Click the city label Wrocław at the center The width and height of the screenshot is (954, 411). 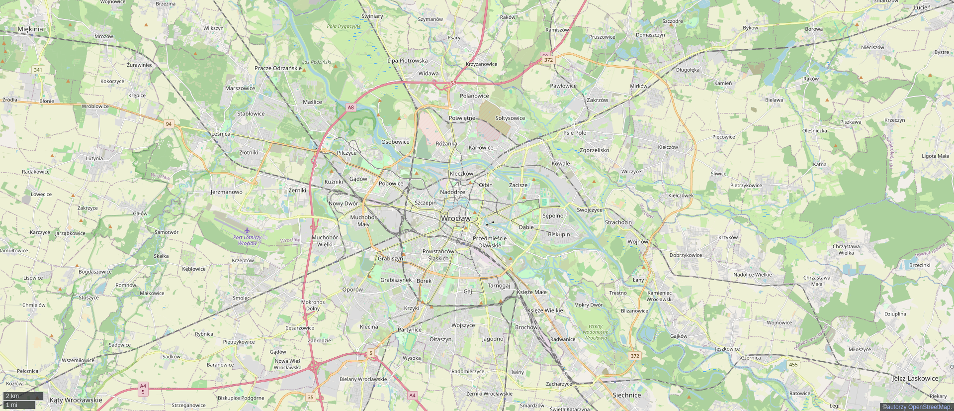tap(455, 218)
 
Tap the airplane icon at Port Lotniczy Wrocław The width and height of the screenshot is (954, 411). tap(247, 230)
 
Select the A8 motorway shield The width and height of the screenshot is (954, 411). tap(351, 107)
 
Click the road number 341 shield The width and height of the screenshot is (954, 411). tap(38, 70)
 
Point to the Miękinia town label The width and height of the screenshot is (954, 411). tap(30, 29)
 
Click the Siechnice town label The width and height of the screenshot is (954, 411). tap(626, 395)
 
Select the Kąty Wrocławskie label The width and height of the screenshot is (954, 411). tap(76, 400)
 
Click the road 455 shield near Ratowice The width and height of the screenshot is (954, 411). tap(793, 365)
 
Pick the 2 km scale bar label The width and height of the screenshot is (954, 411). tap(12, 396)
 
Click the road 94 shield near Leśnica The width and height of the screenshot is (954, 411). tap(169, 124)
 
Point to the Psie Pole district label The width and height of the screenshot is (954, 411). tap(575, 133)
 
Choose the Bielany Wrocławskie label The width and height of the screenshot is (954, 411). tap(363, 379)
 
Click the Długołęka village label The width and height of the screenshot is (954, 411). tap(688, 70)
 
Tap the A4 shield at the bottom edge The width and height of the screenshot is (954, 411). tap(412, 396)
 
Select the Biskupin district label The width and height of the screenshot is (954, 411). tap(559, 234)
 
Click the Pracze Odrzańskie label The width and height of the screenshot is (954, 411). tap(278, 68)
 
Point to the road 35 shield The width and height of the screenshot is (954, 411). tap(311, 397)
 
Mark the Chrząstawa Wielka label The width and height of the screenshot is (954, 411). tap(846, 250)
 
